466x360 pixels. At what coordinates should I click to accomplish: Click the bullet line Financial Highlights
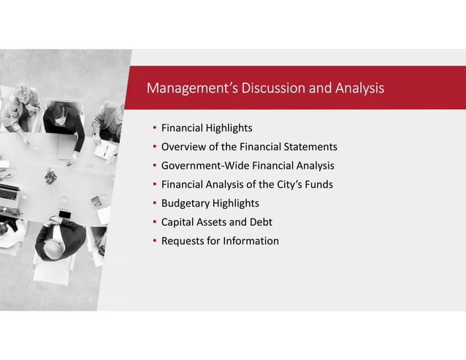tap(207, 129)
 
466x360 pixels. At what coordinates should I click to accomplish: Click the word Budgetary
tap(185, 203)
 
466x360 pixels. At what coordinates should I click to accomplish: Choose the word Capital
tap(179, 222)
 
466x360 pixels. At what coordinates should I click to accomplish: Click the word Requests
tap(183, 241)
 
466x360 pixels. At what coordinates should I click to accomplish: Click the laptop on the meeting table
tap(9, 194)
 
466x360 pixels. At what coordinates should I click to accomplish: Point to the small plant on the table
tap(50, 176)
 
